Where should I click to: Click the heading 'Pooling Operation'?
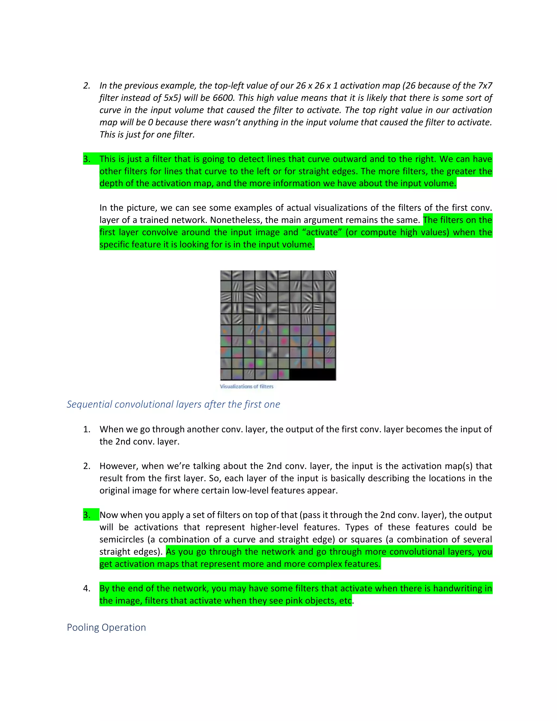pyautogui.click(x=106, y=627)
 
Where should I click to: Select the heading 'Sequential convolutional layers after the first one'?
pyautogui.click(x=173, y=404)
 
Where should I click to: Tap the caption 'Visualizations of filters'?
pyautogui.click(x=246, y=386)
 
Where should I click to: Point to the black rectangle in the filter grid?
pyautogui.click(x=312, y=375)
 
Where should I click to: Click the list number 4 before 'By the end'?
pyautogui.click(x=86, y=588)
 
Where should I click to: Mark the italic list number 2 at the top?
pyautogui.click(x=86, y=86)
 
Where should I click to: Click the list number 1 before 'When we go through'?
pyautogui.click(x=86, y=429)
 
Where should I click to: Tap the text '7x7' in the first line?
pyautogui.click(x=484, y=86)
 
